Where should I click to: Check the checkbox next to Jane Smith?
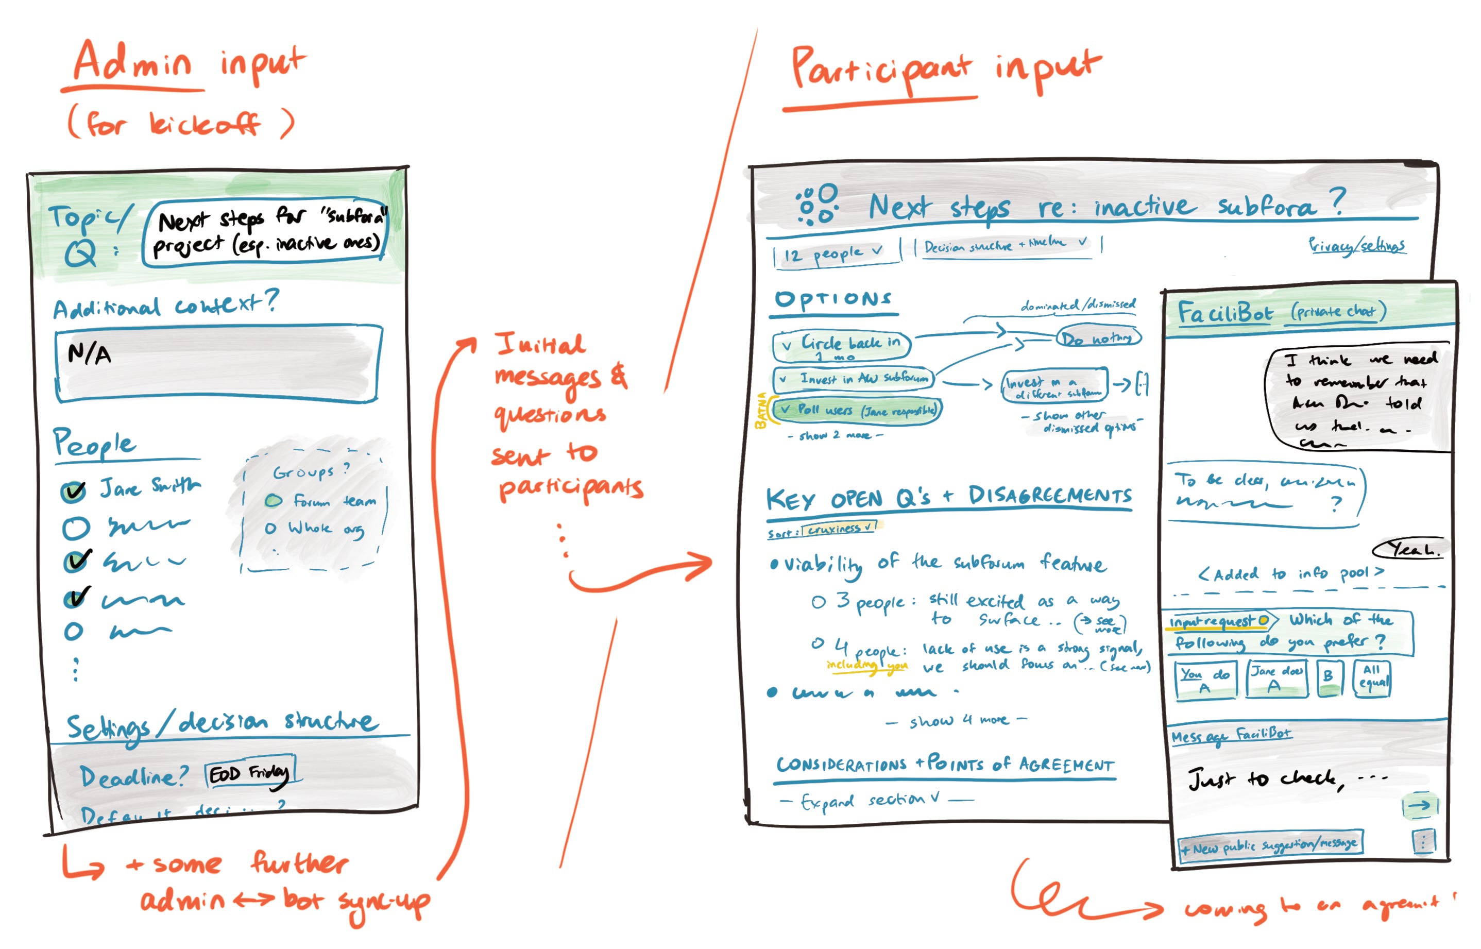point(73,491)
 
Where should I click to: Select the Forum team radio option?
point(274,500)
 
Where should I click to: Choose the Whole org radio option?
point(270,528)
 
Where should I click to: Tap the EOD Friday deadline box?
point(249,774)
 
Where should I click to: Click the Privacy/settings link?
point(1356,246)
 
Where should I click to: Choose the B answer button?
point(1329,678)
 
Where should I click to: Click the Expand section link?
point(875,800)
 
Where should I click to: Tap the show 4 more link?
point(958,720)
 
